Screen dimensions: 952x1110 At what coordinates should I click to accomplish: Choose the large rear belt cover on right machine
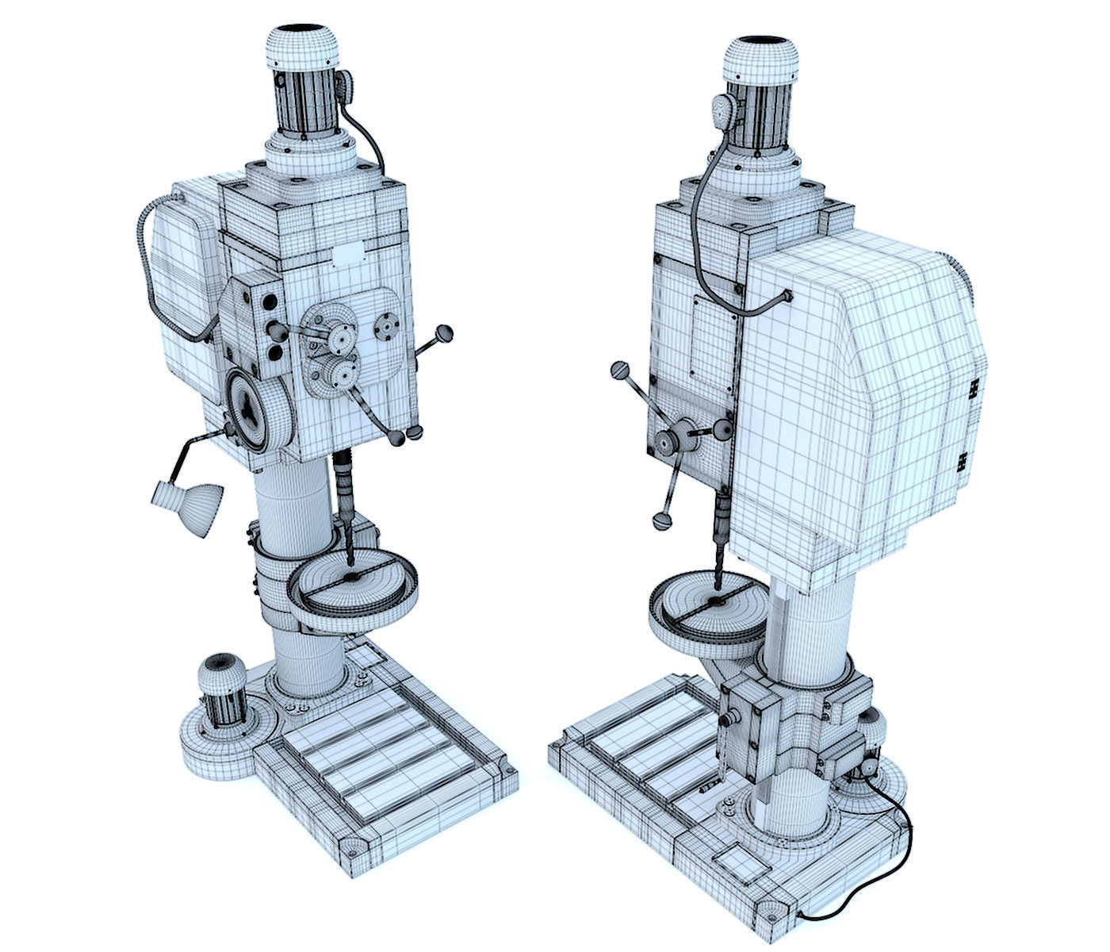(856, 397)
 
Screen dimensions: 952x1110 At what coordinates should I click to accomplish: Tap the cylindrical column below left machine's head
(292, 508)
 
